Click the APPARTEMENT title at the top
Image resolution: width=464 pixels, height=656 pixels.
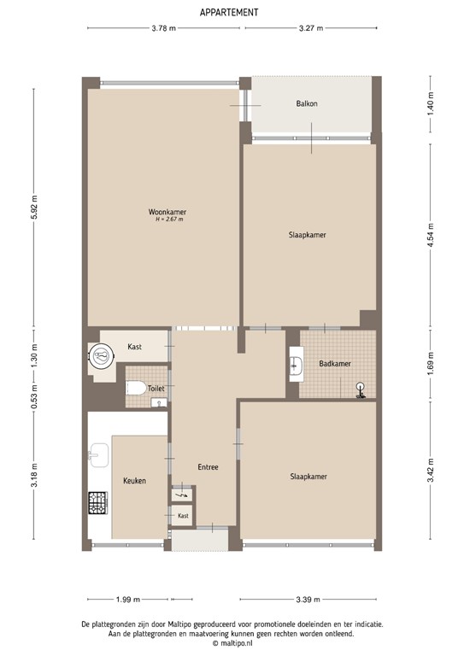(x=230, y=12)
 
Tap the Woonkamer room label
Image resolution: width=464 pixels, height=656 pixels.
(x=167, y=212)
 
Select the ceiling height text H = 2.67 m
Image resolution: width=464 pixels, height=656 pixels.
(x=169, y=220)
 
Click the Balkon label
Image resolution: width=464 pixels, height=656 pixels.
(x=307, y=104)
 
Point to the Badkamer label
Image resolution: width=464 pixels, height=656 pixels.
(x=334, y=364)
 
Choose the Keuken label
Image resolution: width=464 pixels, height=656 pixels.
(x=134, y=481)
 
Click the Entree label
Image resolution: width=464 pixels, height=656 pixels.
(x=208, y=467)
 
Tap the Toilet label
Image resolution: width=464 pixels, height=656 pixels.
(x=156, y=388)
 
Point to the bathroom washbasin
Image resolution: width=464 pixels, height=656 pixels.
(x=296, y=365)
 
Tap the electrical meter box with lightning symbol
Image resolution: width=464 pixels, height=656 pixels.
(x=182, y=495)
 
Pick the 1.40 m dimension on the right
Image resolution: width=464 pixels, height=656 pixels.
(x=431, y=107)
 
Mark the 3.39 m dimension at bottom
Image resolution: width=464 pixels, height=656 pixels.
(x=308, y=599)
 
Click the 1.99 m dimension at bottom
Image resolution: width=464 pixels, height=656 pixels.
(x=128, y=599)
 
